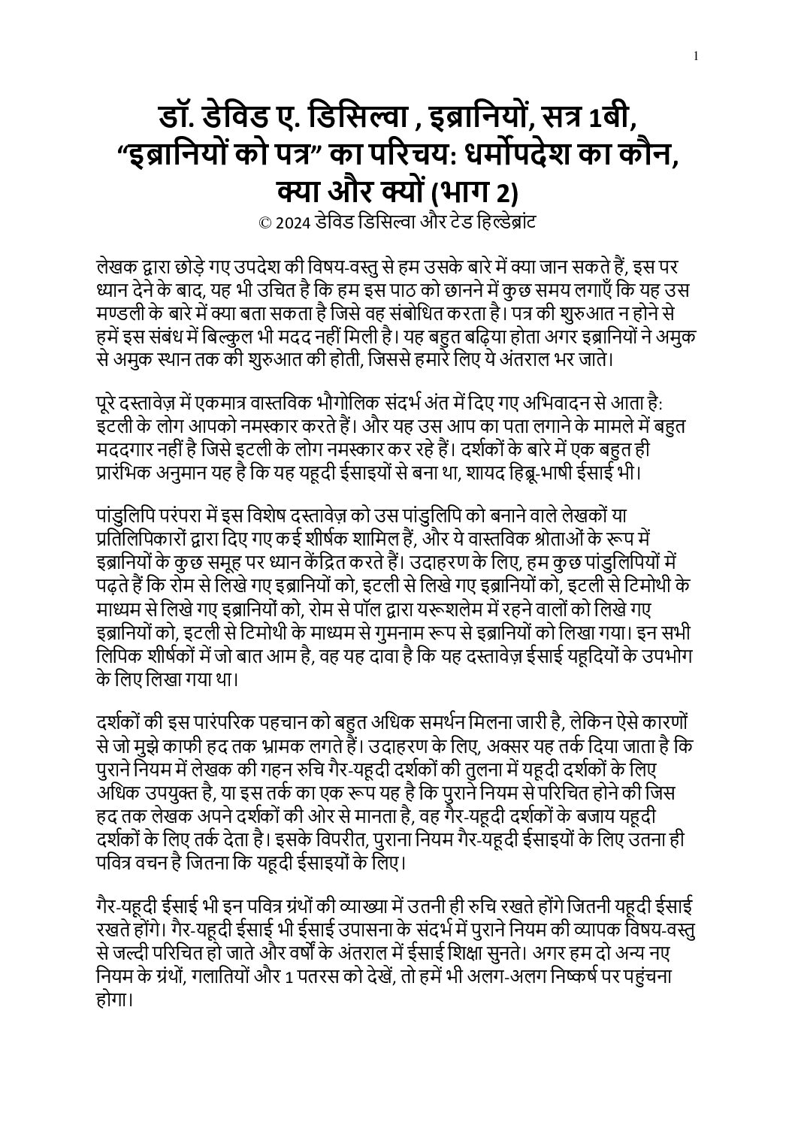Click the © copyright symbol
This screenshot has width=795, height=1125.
click(264, 223)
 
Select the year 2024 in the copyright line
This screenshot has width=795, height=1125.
click(292, 223)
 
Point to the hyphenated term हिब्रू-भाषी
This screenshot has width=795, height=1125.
click(540, 474)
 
